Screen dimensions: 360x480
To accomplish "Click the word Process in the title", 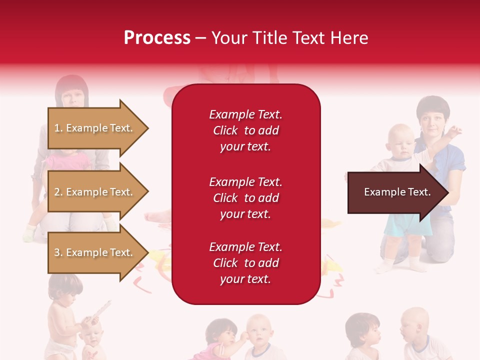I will tap(157, 38).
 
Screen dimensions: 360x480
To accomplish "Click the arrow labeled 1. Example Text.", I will tap(95, 128).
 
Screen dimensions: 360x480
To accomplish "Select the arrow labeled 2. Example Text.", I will tap(95, 192).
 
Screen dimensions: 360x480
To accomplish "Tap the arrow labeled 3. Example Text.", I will tap(95, 252).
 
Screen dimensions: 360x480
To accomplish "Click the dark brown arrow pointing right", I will tap(397, 192).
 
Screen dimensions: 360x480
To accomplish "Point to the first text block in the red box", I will tap(245, 130).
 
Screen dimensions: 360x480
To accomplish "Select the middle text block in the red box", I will tap(245, 198).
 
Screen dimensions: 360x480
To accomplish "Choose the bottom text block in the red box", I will tap(245, 263).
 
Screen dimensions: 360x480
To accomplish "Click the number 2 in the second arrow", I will tap(57, 192).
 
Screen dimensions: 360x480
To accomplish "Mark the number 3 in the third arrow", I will tap(57, 252).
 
